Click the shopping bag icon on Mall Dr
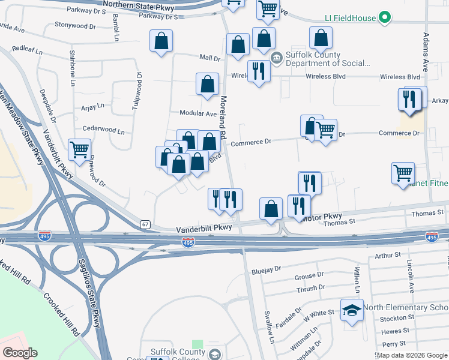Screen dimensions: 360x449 coord(238,44)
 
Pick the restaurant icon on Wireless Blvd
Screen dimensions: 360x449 coord(259,70)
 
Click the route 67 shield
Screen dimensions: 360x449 coord(145,224)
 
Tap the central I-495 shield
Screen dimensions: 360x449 coord(188,241)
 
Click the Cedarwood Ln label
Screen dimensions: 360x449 coord(103,130)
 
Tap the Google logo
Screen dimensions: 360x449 coord(20,353)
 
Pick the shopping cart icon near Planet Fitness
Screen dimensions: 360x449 coord(403,173)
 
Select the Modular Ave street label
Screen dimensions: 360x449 coord(198,113)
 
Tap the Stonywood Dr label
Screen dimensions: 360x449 coord(75,26)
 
